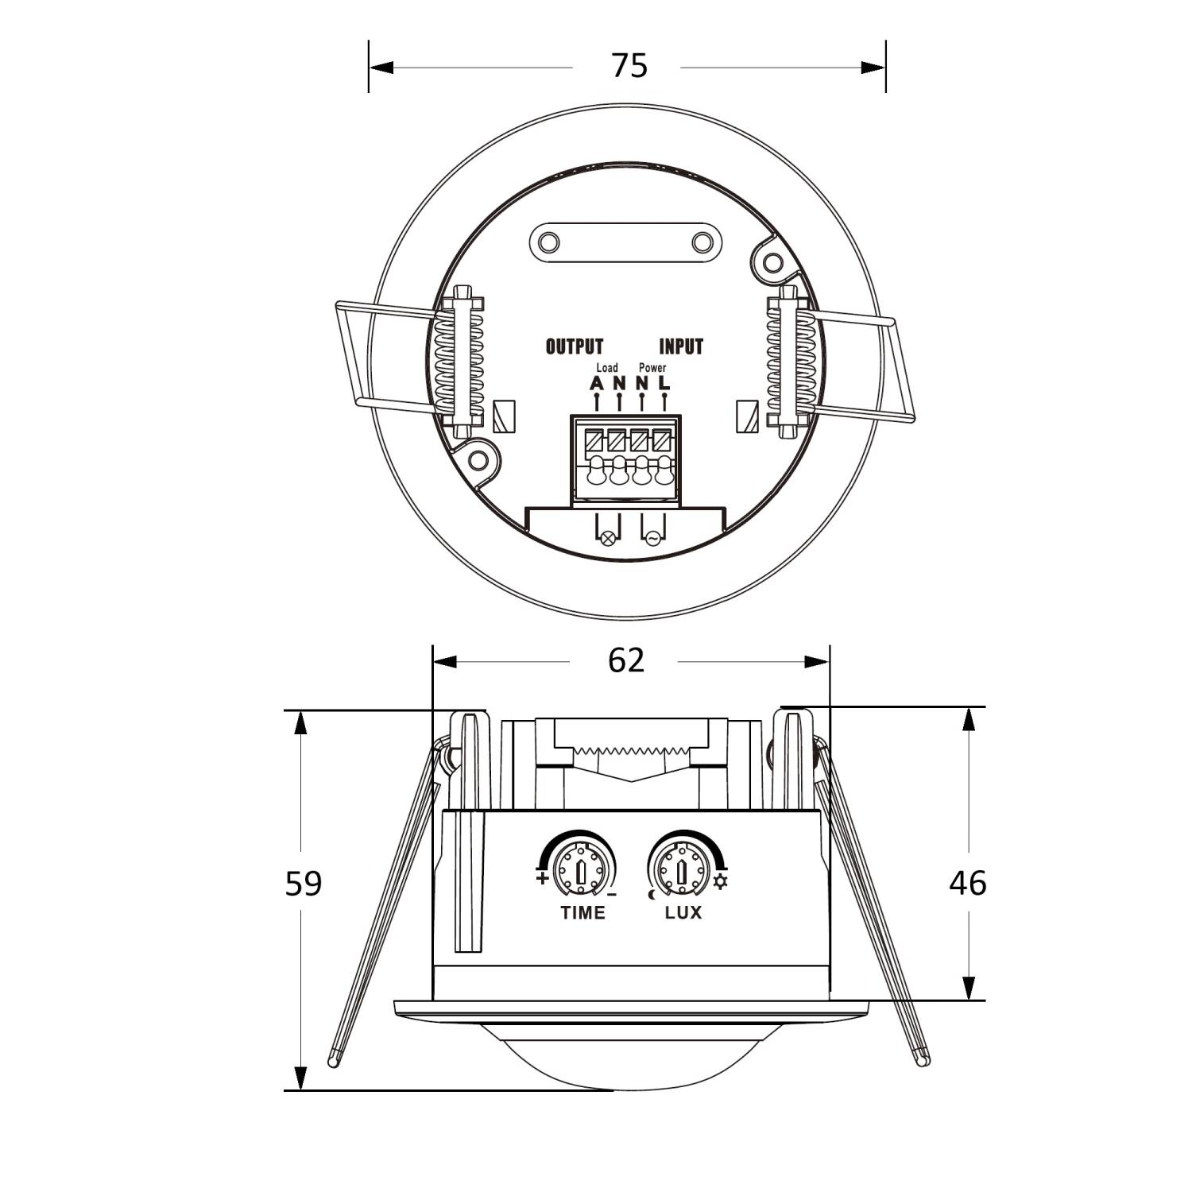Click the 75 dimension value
click(629, 66)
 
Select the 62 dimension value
click(626, 660)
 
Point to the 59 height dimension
click(304, 883)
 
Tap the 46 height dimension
click(968, 883)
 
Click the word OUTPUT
click(575, 346)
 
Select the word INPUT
click(681, 346)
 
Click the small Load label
click(606, 368)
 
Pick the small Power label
click(652, 368)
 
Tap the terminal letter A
click(597, 382)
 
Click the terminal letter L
click(665, 382)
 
